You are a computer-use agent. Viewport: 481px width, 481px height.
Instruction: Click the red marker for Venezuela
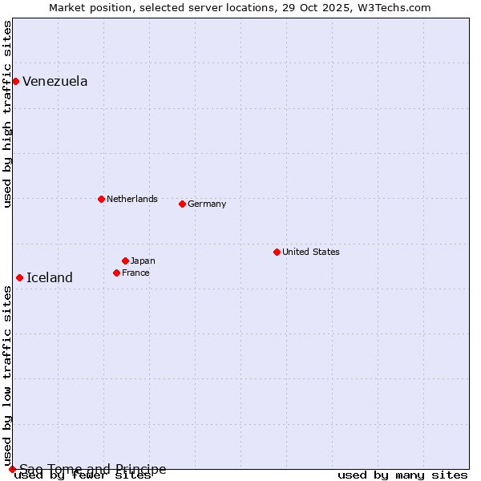(x=15, y=81)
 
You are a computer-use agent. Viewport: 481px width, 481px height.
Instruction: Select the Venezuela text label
(x=55, y=82)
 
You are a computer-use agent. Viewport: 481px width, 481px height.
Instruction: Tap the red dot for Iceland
(x=19, y=277)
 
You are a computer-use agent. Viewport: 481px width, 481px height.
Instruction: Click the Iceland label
(x=50, y=278)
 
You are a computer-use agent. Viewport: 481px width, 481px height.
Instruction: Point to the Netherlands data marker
(x=101, y=199)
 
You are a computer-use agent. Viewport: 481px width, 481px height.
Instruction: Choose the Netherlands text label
(x=132, y=200)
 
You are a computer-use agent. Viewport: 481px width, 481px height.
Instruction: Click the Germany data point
(x=182, y=204)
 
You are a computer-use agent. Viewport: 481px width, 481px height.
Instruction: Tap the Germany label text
(x=207, y=204)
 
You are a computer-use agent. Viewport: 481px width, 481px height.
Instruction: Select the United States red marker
(x=277, y=252)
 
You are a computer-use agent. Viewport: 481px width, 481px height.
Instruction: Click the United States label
(x=311, y=253)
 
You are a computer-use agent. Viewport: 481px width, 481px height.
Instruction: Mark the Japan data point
(x=125, y=261)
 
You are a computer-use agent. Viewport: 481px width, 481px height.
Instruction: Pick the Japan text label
(x=143, y=261)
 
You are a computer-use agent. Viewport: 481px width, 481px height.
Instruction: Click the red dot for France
(x=116, y=273)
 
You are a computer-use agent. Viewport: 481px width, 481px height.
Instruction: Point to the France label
(x=135, y=273)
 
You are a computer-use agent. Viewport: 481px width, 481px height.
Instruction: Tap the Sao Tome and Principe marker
(x=12, y=469)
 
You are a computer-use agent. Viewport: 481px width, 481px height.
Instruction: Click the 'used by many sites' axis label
(x=402, y=475)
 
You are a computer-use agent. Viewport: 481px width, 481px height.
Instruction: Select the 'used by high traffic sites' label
(x=7, y=114)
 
